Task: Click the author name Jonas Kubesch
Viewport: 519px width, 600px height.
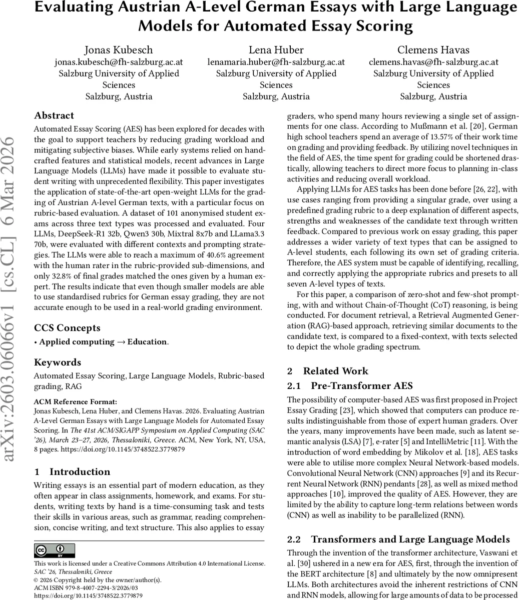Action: point(119,50)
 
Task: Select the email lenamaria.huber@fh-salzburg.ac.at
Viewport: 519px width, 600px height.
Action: point(276,62)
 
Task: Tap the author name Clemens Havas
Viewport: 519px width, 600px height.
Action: point(433,50)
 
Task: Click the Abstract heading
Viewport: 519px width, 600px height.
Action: point(54,115)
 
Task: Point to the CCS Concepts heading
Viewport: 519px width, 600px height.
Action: point(67,328)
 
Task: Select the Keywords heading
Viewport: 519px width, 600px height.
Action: point(58,362)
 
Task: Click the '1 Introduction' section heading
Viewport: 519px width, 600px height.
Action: point(73,471)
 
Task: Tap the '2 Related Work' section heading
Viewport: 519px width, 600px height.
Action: point(327,371)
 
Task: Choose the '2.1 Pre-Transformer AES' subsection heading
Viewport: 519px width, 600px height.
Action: point(349,385)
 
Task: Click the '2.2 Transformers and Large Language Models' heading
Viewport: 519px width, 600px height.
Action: point(398,539)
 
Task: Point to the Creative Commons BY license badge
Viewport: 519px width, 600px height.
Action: point(54,550)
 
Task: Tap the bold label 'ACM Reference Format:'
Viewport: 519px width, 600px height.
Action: point(75,401)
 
